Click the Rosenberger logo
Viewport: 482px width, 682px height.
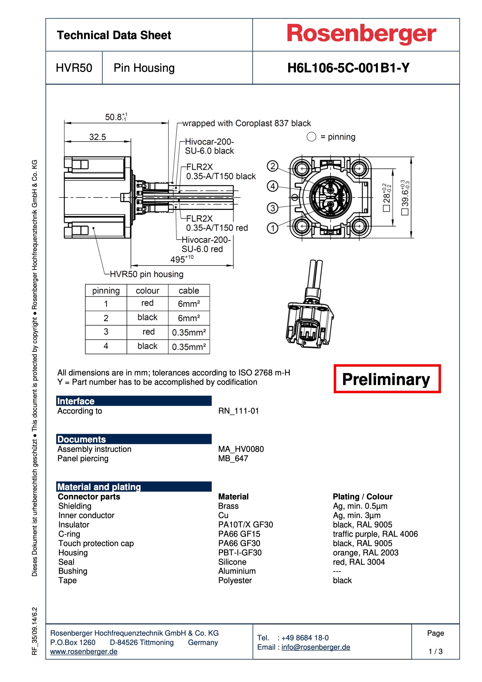pos(361,34)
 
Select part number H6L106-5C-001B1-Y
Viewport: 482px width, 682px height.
pos(348,68)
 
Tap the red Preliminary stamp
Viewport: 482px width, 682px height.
pos(387,379)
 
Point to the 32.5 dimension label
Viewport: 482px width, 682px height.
pos(97,137)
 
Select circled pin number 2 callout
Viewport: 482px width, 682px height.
pos(273,166)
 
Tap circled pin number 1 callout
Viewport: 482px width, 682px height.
pos(273,228)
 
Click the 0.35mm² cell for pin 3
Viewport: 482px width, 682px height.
pos(189,332)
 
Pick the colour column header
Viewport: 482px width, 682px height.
pos(147,291)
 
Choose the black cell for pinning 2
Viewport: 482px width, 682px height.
pos(147,317)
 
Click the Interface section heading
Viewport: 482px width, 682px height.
pos(76,401)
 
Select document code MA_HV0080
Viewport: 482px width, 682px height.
pos(241,449)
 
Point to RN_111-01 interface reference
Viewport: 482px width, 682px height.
pos(238,411)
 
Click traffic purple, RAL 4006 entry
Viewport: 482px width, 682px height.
pos(375,534)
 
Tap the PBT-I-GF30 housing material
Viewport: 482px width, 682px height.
pos(240,552)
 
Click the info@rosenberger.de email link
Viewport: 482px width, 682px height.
pos(316,647)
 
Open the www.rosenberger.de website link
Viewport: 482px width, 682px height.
pos(84,651)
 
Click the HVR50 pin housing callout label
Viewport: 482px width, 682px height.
pos(146,274)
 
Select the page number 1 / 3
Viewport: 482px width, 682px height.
pos(435,651)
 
